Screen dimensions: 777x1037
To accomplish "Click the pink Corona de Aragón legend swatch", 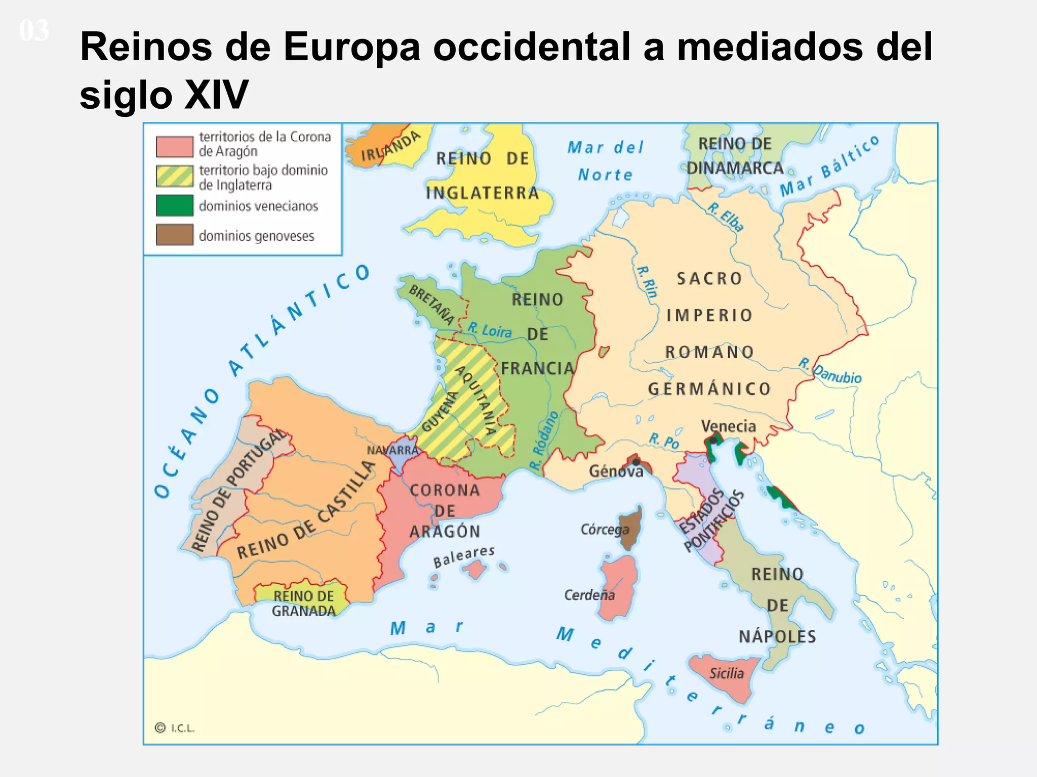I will (174, 147).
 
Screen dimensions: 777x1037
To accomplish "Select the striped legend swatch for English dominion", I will (174, 176).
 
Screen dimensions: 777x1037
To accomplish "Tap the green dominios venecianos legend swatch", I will (174, 205).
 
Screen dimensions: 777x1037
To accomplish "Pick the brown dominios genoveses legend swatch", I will (174, 235).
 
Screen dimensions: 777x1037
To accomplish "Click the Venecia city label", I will (728, 426).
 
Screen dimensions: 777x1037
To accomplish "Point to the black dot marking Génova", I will (636, 462).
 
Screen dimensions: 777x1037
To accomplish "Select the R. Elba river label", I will (726, 217).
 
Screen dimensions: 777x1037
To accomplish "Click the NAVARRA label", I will (393, 450).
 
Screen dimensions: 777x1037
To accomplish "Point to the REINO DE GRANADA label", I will (304, 603).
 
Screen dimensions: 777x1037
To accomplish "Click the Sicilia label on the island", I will (726, 673).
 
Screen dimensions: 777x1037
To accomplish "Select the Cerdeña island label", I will (589, 595).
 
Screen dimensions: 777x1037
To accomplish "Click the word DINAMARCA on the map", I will (735, 168).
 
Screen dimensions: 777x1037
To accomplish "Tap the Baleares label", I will (463, 556).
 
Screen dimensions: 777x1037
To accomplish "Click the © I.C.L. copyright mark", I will (174, 728).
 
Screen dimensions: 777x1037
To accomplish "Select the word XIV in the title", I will (216, 95).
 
